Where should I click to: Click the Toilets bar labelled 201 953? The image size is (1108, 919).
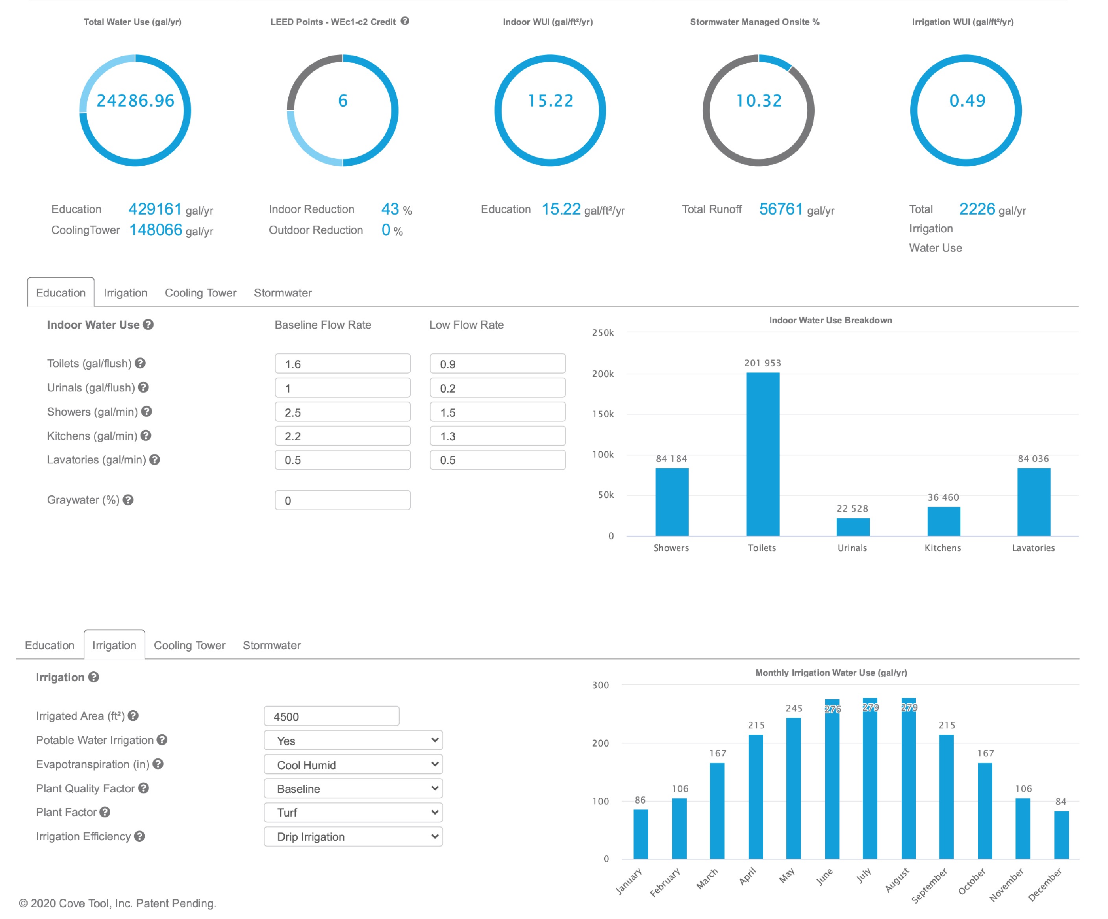(x=762, y=454)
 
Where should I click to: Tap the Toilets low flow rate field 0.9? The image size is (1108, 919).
(x=497, y=364)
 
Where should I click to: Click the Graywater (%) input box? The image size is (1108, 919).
(x=343, y=500)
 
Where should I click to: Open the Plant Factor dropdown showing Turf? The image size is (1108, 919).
(x=353, y=812)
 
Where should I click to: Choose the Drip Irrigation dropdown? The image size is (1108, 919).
(x=353, y=837)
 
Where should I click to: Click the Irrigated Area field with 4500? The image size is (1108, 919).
(x=332, y=717)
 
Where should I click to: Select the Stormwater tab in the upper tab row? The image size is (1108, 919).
(x=283, y=293)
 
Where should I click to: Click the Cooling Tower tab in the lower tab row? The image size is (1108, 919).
(x=189, y=645)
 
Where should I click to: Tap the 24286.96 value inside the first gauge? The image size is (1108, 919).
(x=135, y=101)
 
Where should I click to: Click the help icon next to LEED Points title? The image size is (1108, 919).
(x=405, y=21)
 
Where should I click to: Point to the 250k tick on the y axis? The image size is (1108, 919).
(x=602, y=333)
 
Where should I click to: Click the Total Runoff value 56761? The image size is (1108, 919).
(x=780, y=209)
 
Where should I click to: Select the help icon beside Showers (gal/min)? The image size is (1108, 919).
(x=147, y=411)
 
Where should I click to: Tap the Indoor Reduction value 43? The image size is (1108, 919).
(x=390, y=209)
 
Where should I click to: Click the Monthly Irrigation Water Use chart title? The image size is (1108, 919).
(x=830, y=673)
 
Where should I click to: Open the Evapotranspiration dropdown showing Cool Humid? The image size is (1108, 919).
(x=353, y=764)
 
